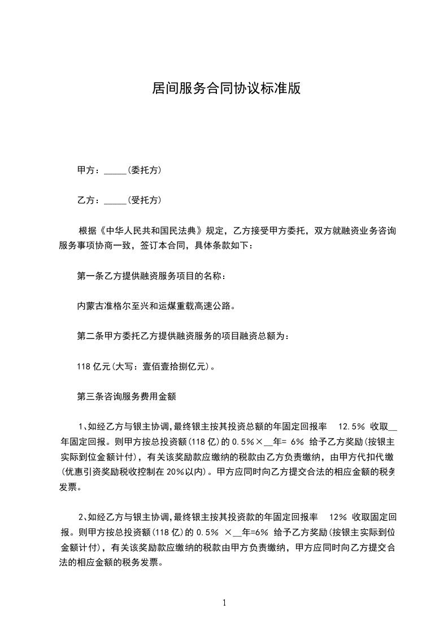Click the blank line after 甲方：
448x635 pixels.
click(x=115, y=170)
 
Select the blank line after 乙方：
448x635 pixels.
click(x=115, y=200)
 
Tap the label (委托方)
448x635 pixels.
click(x=145, y=170)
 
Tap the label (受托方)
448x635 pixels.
click(x=145, y=200)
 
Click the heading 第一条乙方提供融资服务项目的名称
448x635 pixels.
click(x=152, y=277)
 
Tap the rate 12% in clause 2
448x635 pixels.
click(x=337, y=517)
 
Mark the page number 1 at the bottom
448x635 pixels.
click(x=224, y=603)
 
